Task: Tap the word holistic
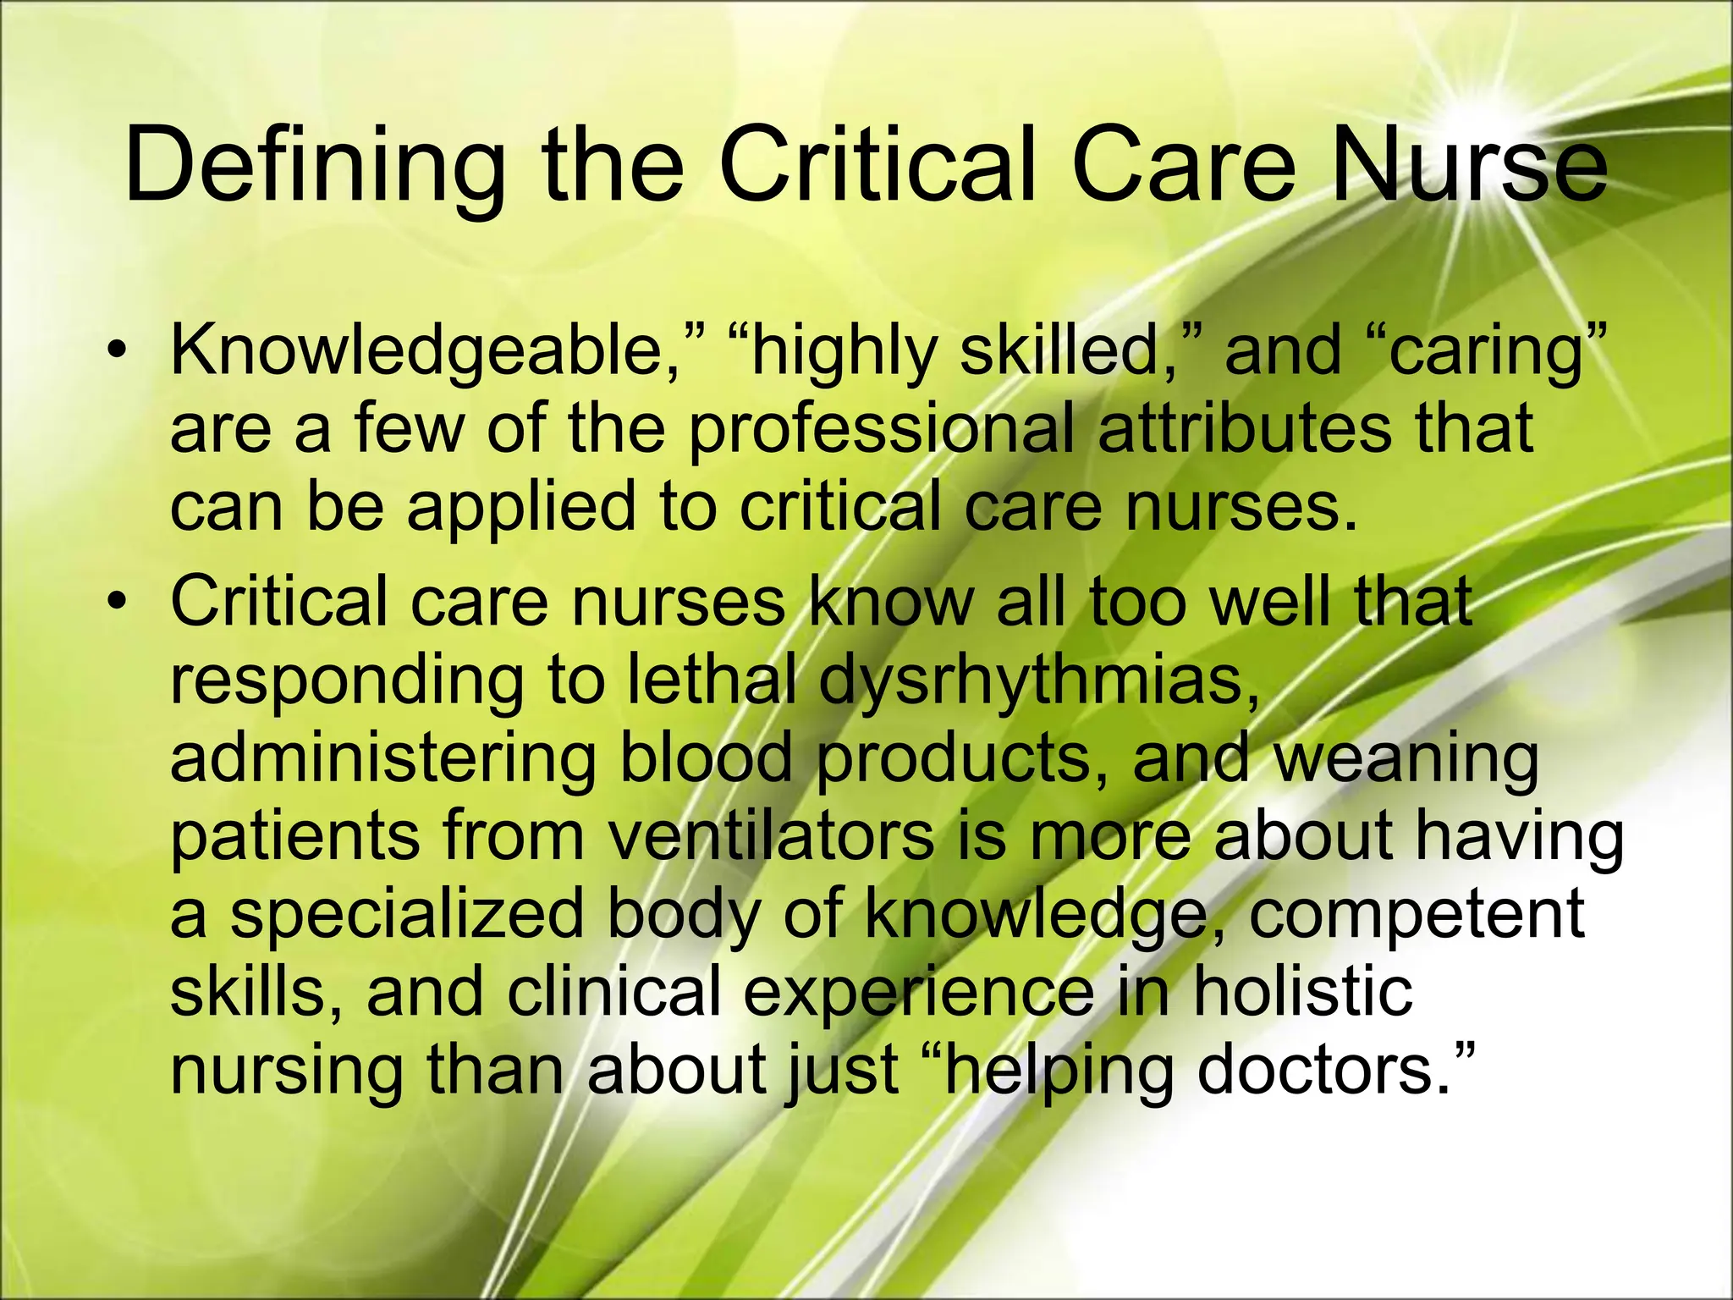tap(1302, 990)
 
